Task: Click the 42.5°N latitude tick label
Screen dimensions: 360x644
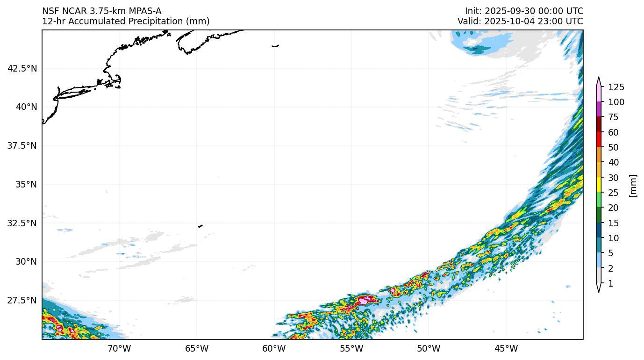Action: (22, 68)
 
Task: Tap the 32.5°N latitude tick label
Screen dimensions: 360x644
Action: (22, 223)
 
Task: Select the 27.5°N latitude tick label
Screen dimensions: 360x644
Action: (22, 300)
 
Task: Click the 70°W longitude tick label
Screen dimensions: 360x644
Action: (119, 348)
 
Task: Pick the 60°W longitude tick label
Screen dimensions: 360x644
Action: (274, 348)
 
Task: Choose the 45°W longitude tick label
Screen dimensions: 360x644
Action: (506, 348)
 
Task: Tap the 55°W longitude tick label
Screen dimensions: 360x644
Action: (351, 348)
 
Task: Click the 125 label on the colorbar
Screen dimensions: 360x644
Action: (616, 87)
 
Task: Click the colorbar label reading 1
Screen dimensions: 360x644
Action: (610, 284)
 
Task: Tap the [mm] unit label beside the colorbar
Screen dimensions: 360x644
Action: (633, 186)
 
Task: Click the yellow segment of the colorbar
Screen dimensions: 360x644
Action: (599, 185)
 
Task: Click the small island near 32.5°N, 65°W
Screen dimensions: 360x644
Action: (200, 226)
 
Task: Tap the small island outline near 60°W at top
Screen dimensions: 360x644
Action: (275, 46)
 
